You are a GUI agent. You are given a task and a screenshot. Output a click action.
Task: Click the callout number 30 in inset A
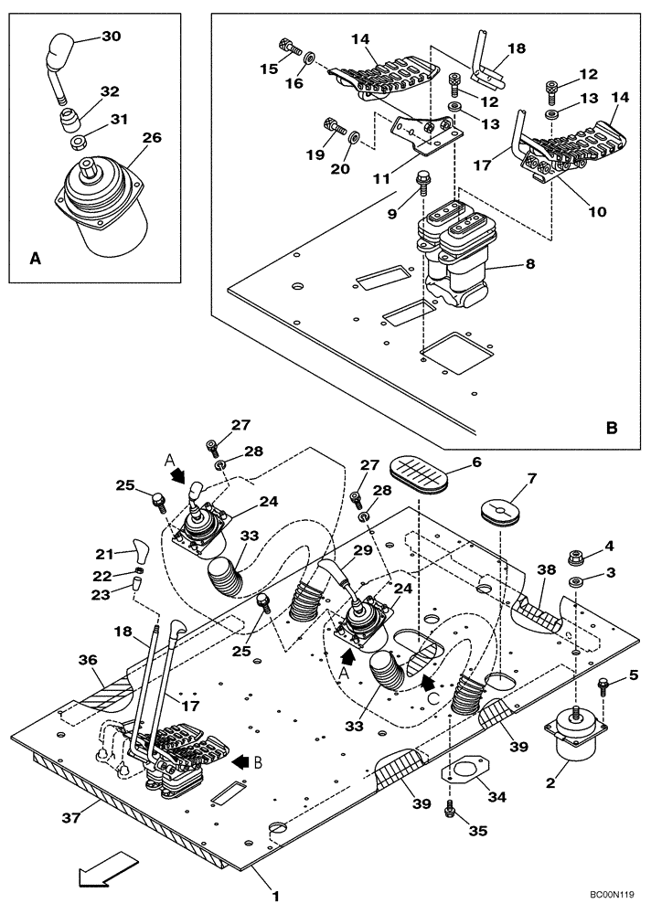point(111,37)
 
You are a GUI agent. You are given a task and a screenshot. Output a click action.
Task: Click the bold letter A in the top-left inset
point(35,259)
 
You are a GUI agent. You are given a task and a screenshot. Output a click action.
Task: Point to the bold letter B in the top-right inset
point(612,426)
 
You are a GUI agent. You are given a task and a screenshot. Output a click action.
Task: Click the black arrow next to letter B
point(242,760)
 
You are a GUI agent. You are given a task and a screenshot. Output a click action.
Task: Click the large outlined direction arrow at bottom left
point(108,869)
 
